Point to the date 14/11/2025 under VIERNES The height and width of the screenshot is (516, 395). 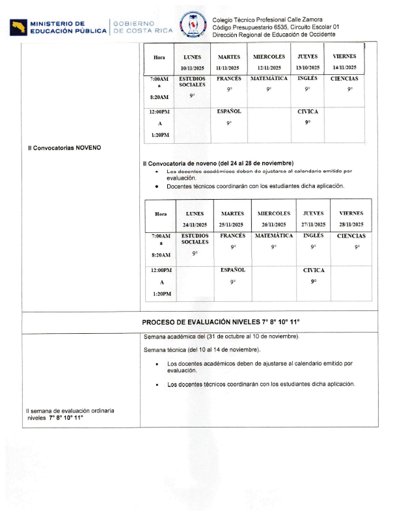coord(344,68)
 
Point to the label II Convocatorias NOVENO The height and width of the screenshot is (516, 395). coord(64,148)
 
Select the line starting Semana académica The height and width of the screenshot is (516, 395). coord(221,336)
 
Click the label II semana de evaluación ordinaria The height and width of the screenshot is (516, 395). coord(70,411)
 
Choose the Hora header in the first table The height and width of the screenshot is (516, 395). coord(159,57)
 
